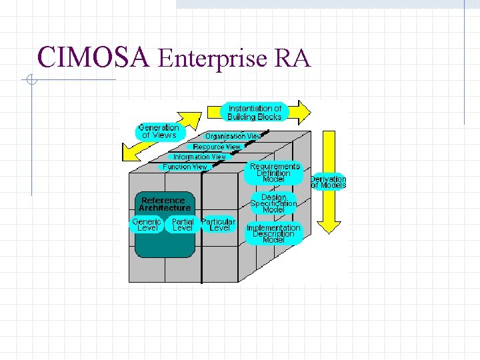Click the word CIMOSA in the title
click(x=93, y=58)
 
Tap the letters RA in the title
click(x=292, y=59)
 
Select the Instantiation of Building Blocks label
click(x=255, y=113)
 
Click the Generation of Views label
click(x=158, y=131)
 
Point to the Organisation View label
click(x=233, y=136)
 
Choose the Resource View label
click(x=217, y=147)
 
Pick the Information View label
click(x=200, y=157)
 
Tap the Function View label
click(x=185, y=167)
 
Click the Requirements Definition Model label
click(x=274, y=173)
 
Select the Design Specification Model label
click(x=273, y=203)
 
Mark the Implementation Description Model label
click(x=273, y=233)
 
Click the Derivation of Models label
click(x=328, y=182)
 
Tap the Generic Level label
click(x=147, y=225)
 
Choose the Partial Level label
click(x=183, y=225)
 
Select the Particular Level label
click(x=219, y=225)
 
